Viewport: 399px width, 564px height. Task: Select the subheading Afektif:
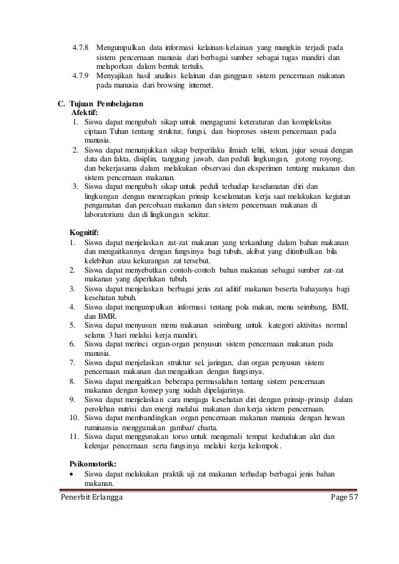click(86, 112)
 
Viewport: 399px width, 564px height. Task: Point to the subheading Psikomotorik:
click(97, 463)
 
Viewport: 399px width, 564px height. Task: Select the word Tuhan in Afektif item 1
click(118, 132)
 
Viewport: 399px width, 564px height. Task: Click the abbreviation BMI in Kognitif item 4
click(336, 306)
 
